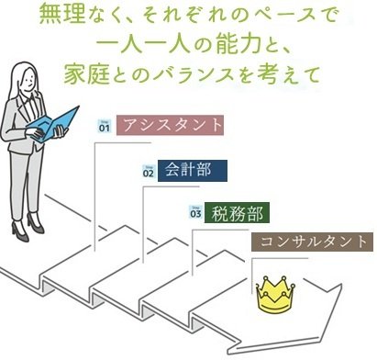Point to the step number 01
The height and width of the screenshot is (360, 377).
click(x=104, y=127)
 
